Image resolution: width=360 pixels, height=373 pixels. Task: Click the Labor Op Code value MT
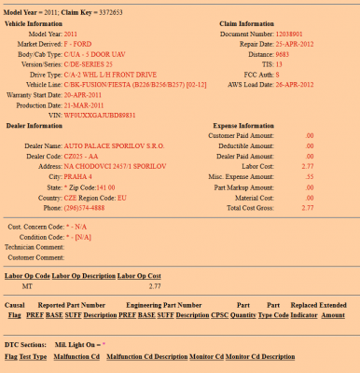[x=28, y=286]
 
